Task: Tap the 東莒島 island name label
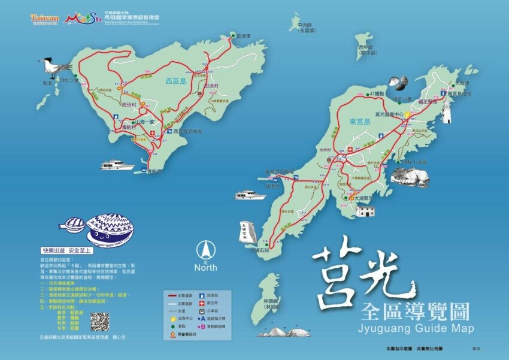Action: pos(359,121)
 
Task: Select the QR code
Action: pos(99,321)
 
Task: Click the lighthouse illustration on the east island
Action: pos(446,110)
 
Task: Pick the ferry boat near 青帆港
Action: pos(117,165)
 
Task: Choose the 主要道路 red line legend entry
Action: pos(179,295)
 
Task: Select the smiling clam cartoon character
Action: pos(110,226)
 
